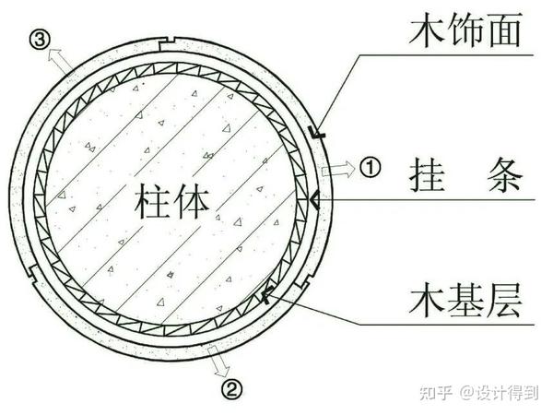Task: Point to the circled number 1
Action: point(369,169)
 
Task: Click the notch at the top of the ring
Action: point(167,41)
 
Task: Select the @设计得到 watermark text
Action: point(502,393)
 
